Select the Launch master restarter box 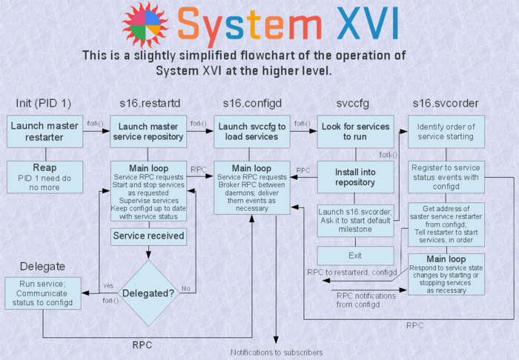pyautogui.click(x=44, y=131)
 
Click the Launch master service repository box pyautogui.click(x=148, y=131)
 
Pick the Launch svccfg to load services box pyautogui.click(x=252, y=131)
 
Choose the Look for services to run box pyautogui.click(x=355, y=131)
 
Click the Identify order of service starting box pyautogui.click(x=446, y=131)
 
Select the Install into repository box pyautogui.click(x=355, y=176)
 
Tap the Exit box pyautogui.click(x=355, y=256)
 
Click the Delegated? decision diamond pyautogui.click(x=148, y=292)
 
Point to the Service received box pyautogui.click(x=148, y=236)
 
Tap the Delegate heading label pyautogui.click(x=42, y=266)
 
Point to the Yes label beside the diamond pyautogui.click(x=108, y=285)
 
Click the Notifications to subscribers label pyautogui.click(x=276, y=353)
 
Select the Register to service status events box pyautogui.click(x=446, y=177)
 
